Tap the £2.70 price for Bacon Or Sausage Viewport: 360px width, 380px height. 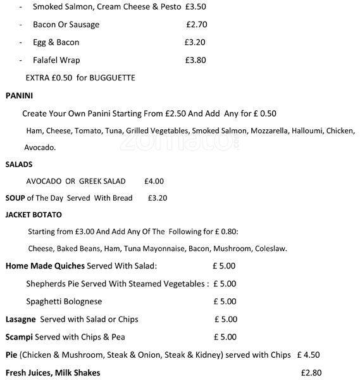pos(197,25)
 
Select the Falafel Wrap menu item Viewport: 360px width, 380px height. pos(56,60)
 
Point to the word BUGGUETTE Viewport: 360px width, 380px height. pos(113,78)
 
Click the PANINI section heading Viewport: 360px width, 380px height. pos(19,96)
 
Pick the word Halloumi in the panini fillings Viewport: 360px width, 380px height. pos(306,130)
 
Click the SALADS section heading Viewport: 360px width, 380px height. pos(19,163)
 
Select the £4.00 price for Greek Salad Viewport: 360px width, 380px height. pos(154,180)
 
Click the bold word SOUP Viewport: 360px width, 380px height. pos(15,198)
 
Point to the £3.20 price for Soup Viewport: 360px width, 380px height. pos(157,198)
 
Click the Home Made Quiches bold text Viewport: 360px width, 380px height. pos(45,266)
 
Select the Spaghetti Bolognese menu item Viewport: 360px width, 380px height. pos(64,301)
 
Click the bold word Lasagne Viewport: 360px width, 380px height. pos(20,319)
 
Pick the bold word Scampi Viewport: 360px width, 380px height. pos(19,337)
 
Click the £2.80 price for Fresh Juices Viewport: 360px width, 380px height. pos(311,372)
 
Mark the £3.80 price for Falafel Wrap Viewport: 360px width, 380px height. pos(196,60)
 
